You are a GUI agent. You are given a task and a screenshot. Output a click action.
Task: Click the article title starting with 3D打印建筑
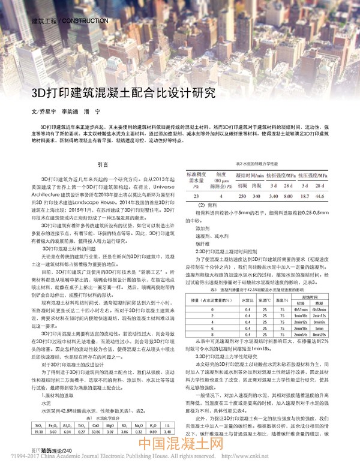pos(123,94)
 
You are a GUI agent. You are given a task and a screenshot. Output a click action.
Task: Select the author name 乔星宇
pos(47,112)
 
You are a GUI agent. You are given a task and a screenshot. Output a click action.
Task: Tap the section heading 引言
pos(103,164)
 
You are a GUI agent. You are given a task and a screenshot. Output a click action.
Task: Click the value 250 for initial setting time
pos(241,195)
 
